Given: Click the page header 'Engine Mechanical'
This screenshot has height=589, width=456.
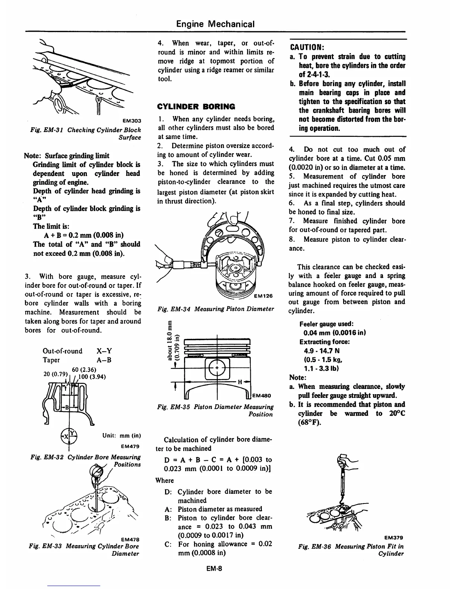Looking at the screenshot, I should coord(215,25).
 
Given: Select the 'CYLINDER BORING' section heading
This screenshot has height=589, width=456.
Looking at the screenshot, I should coord(196,107).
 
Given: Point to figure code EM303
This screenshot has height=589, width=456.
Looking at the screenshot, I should coord(132,120).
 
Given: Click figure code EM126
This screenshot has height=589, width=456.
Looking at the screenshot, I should coord(263,296).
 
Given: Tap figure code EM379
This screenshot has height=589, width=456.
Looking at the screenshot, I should coord(394,537).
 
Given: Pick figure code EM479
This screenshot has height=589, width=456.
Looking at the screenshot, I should coord(130,446).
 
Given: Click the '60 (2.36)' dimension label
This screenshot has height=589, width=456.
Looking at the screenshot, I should coord(79,369).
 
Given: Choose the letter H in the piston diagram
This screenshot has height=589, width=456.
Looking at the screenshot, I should coord(240,382).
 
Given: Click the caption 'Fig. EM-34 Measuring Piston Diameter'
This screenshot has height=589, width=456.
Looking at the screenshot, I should coord(216,309).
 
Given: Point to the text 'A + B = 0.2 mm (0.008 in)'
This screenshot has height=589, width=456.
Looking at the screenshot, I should coord(84,235).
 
